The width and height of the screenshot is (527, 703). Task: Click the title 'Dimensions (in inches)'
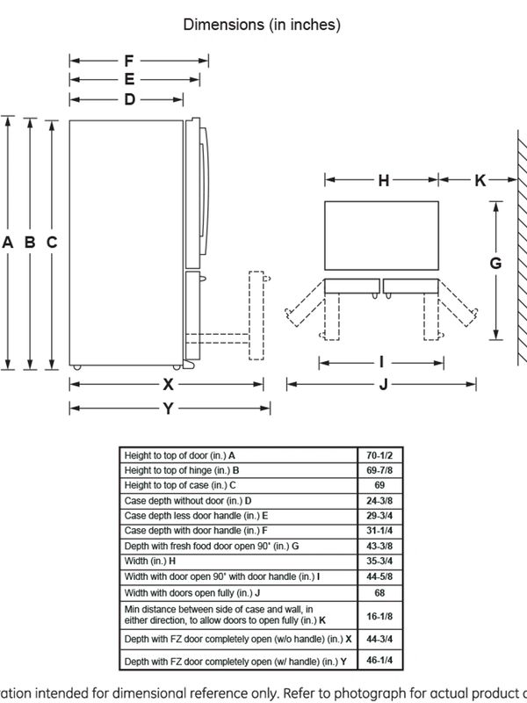point(262,25)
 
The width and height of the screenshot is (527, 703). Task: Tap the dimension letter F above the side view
point(129,61)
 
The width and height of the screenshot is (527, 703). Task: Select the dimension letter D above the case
point(129,99)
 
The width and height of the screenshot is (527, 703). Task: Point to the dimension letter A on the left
point(8,243)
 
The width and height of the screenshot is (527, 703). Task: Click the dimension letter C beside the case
point(52,243)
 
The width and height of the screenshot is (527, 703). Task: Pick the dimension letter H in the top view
point(384,180)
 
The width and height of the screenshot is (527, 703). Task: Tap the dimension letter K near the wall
point(480,180)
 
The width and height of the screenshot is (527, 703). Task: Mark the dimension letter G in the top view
point(495,263)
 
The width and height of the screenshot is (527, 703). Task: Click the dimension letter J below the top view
point(383,384)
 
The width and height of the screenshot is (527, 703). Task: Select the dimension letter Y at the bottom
point(168,409)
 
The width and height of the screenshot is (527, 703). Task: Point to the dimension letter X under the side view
point(168,384)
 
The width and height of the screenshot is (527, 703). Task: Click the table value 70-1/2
point(379,455)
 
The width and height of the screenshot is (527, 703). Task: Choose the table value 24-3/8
point(379,501)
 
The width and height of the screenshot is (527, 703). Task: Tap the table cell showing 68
point(379,592)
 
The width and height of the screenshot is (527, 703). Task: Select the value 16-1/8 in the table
point(379,616)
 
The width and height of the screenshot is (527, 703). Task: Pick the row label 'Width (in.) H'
point(150,561)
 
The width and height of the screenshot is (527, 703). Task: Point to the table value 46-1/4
point(379,661)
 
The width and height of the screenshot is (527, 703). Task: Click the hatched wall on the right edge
point(522,248)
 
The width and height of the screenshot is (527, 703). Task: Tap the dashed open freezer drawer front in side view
point(256,315)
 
